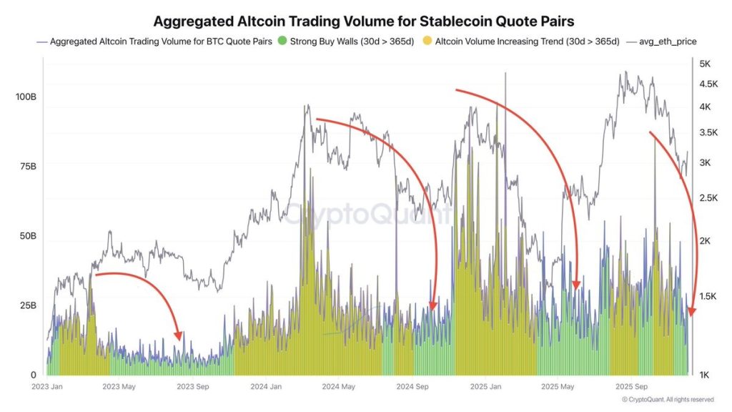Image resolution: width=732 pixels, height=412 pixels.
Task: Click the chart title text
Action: coord(365,21)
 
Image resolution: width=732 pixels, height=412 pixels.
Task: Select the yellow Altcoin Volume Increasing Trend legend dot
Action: coord(427,41)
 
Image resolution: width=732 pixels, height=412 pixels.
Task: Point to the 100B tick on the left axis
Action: coord(26,96)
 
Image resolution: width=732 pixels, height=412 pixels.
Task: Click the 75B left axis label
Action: coord(26,166)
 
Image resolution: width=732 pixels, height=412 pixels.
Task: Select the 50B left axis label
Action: coord(26,235)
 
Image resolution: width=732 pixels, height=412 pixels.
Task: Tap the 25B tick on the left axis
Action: coord(26,305)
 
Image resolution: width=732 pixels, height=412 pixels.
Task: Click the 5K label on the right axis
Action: coord(704,64)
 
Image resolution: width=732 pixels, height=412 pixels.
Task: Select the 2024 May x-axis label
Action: coord(339,387)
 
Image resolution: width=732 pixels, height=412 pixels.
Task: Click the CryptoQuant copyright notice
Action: coord(668,399)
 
